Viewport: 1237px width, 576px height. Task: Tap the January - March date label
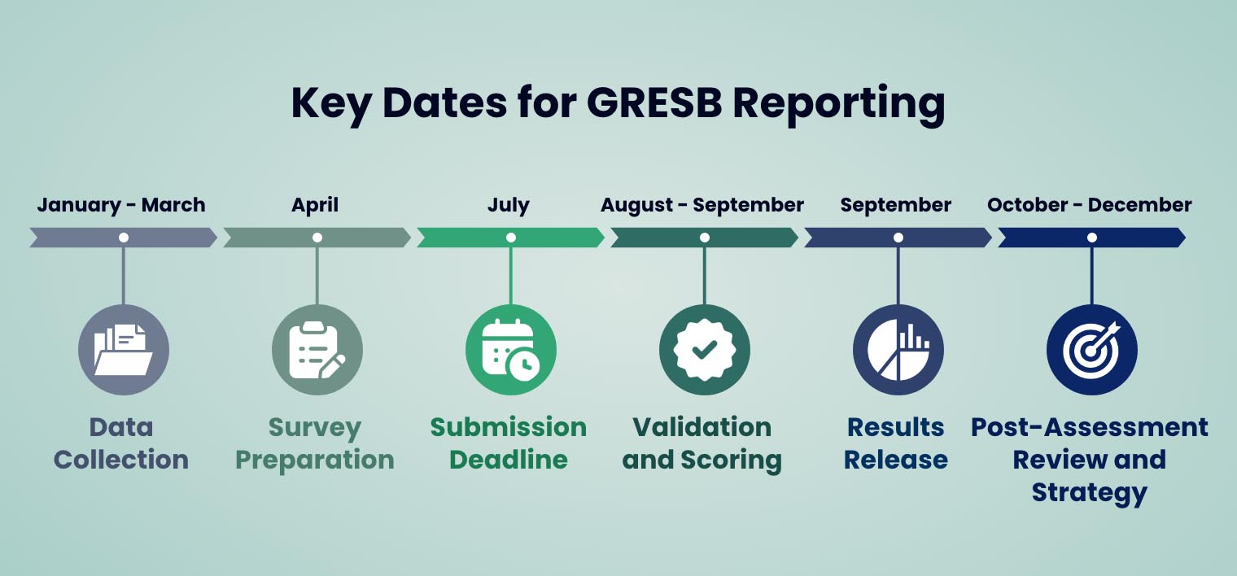pos(121,205)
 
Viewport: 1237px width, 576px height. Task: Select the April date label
pos(315,205)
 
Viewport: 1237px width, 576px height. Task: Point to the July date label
pos(509,205)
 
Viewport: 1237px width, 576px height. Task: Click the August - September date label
pos(702,205)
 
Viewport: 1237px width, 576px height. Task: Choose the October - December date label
pos(1090,205)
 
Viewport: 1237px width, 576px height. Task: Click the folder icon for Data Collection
pos(124,350)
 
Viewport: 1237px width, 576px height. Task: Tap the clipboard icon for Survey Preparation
pos(317,350)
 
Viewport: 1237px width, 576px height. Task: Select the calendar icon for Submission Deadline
pos(511,350)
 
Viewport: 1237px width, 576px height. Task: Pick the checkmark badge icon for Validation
pos(705,350)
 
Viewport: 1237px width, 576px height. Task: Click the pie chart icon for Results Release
pos(898,350)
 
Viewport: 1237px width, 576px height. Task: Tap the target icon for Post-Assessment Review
pos(1092,350)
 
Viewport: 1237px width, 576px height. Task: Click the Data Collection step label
pos(121,443)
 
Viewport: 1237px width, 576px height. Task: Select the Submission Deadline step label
pos(509,443)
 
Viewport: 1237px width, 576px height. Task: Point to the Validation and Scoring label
pos(702,443)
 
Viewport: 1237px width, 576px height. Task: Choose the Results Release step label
pos(896,443)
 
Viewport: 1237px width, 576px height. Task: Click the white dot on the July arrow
pos(511,238)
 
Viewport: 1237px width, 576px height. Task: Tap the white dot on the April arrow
pos(317,238)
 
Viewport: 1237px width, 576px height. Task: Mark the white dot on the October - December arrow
pos(1092,238)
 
